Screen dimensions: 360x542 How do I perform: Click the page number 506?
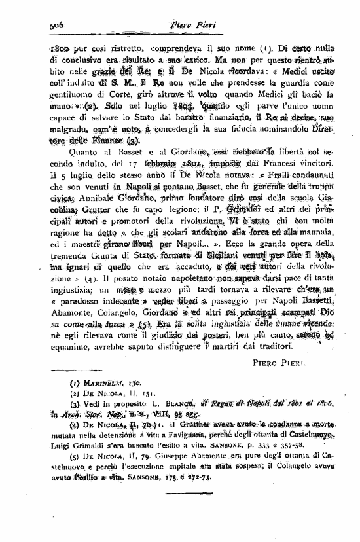pyautogui.click(x=60, y=24)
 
